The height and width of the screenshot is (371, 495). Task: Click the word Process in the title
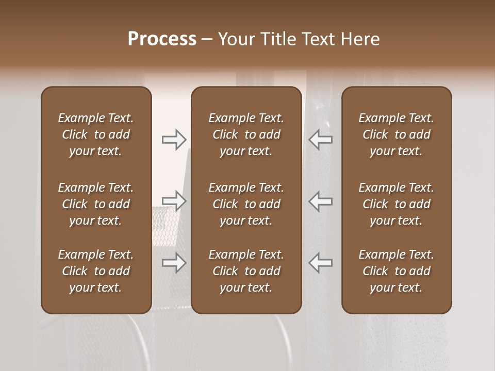tap(162, 39)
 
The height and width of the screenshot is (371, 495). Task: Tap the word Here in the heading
tap(360, 39)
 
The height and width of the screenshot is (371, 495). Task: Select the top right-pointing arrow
tap(174, 139)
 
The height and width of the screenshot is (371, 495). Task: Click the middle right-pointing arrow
tap(174, 200)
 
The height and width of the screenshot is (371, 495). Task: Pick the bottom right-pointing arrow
tap(174, 263)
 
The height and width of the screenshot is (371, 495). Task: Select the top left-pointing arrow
tap(321, 139)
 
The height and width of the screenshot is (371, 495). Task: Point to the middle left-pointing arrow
tap(321, 200)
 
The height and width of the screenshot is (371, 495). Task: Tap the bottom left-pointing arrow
tap(321, 263)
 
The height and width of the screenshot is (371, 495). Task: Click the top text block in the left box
tap(96, 134)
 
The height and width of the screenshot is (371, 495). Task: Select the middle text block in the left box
tap(96, 204)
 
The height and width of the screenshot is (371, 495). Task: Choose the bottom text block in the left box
tap(96, 271)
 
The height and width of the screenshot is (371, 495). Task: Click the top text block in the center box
tap(246, 134)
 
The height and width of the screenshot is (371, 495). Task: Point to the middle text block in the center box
tap(246, 204)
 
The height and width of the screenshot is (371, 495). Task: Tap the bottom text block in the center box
tap(246, 271)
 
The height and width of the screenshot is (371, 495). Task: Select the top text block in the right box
tap(396, 134)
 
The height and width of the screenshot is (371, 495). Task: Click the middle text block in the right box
tap(396, 204)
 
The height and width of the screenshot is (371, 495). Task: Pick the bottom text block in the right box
tap(396, 271)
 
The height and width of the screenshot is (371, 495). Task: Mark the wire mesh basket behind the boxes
tap(170, 227)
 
